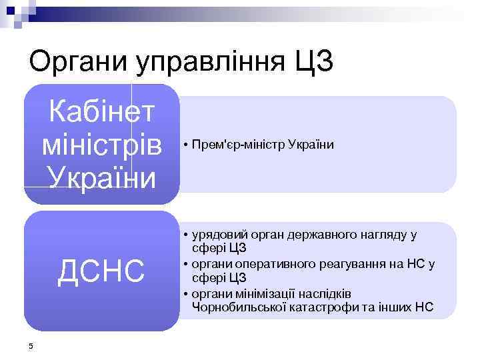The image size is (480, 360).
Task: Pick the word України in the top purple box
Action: coord(102,177)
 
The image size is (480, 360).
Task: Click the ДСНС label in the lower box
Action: coord(101,271)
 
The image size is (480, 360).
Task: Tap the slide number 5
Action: coord(31,345)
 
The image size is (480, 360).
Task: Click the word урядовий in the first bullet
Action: coord(219,235)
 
